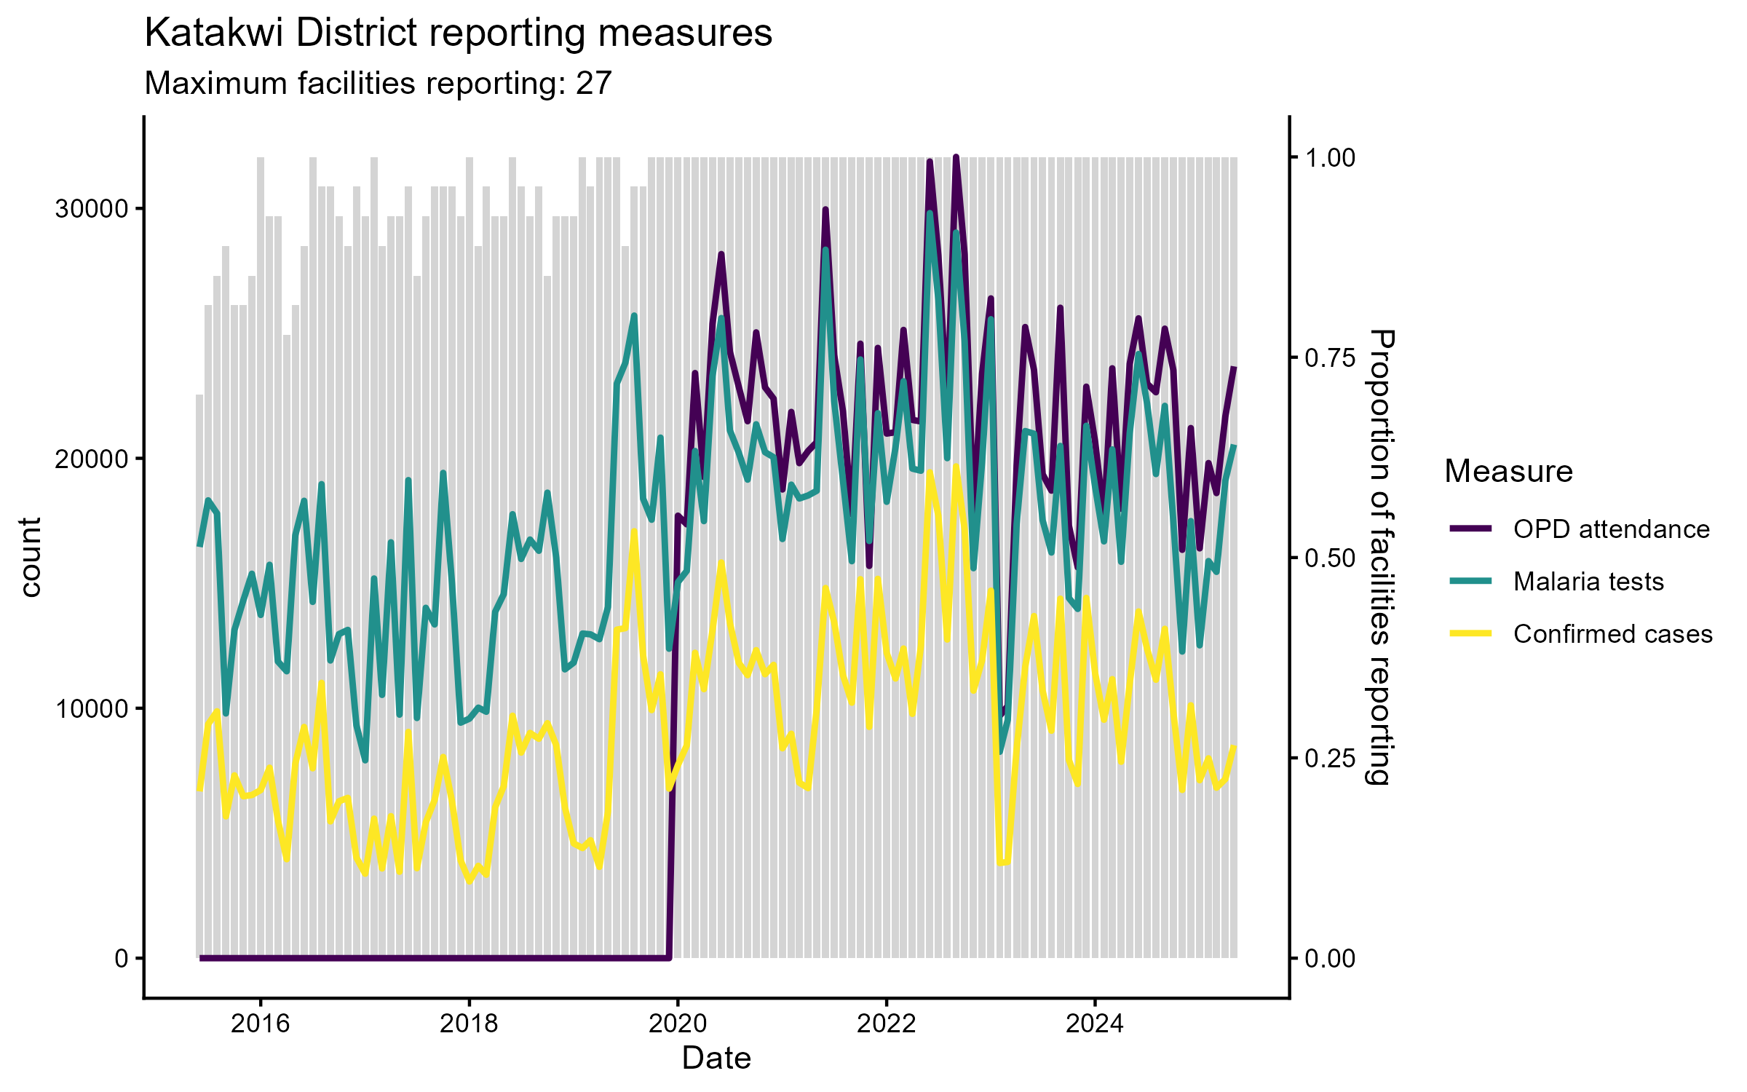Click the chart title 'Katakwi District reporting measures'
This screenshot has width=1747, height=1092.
point(458,33)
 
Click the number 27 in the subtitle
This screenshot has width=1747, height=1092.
point(593,84)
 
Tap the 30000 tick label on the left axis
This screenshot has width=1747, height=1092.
point(91,209)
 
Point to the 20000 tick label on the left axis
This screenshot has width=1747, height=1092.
point(91,459)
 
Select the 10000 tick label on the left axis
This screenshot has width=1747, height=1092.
point(91,708)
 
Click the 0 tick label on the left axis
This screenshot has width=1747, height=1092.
point(121,958)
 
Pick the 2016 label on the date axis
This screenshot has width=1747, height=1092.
point(260,1024)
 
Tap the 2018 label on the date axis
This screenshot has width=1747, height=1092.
point(469,1024)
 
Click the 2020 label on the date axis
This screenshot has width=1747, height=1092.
point(678,1024)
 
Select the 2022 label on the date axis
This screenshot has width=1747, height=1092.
point(886,1024)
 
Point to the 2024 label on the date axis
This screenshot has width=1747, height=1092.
point(1094,1024)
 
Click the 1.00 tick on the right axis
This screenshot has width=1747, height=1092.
point(1330,157)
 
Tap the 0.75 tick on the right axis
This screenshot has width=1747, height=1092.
point(1330,357)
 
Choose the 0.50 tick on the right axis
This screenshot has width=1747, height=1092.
point(1330,558)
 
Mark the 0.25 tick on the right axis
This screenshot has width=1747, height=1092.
point(1330,758)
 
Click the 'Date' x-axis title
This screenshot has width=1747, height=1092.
point(716,1058)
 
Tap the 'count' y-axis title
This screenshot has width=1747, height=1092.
point(31,558)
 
